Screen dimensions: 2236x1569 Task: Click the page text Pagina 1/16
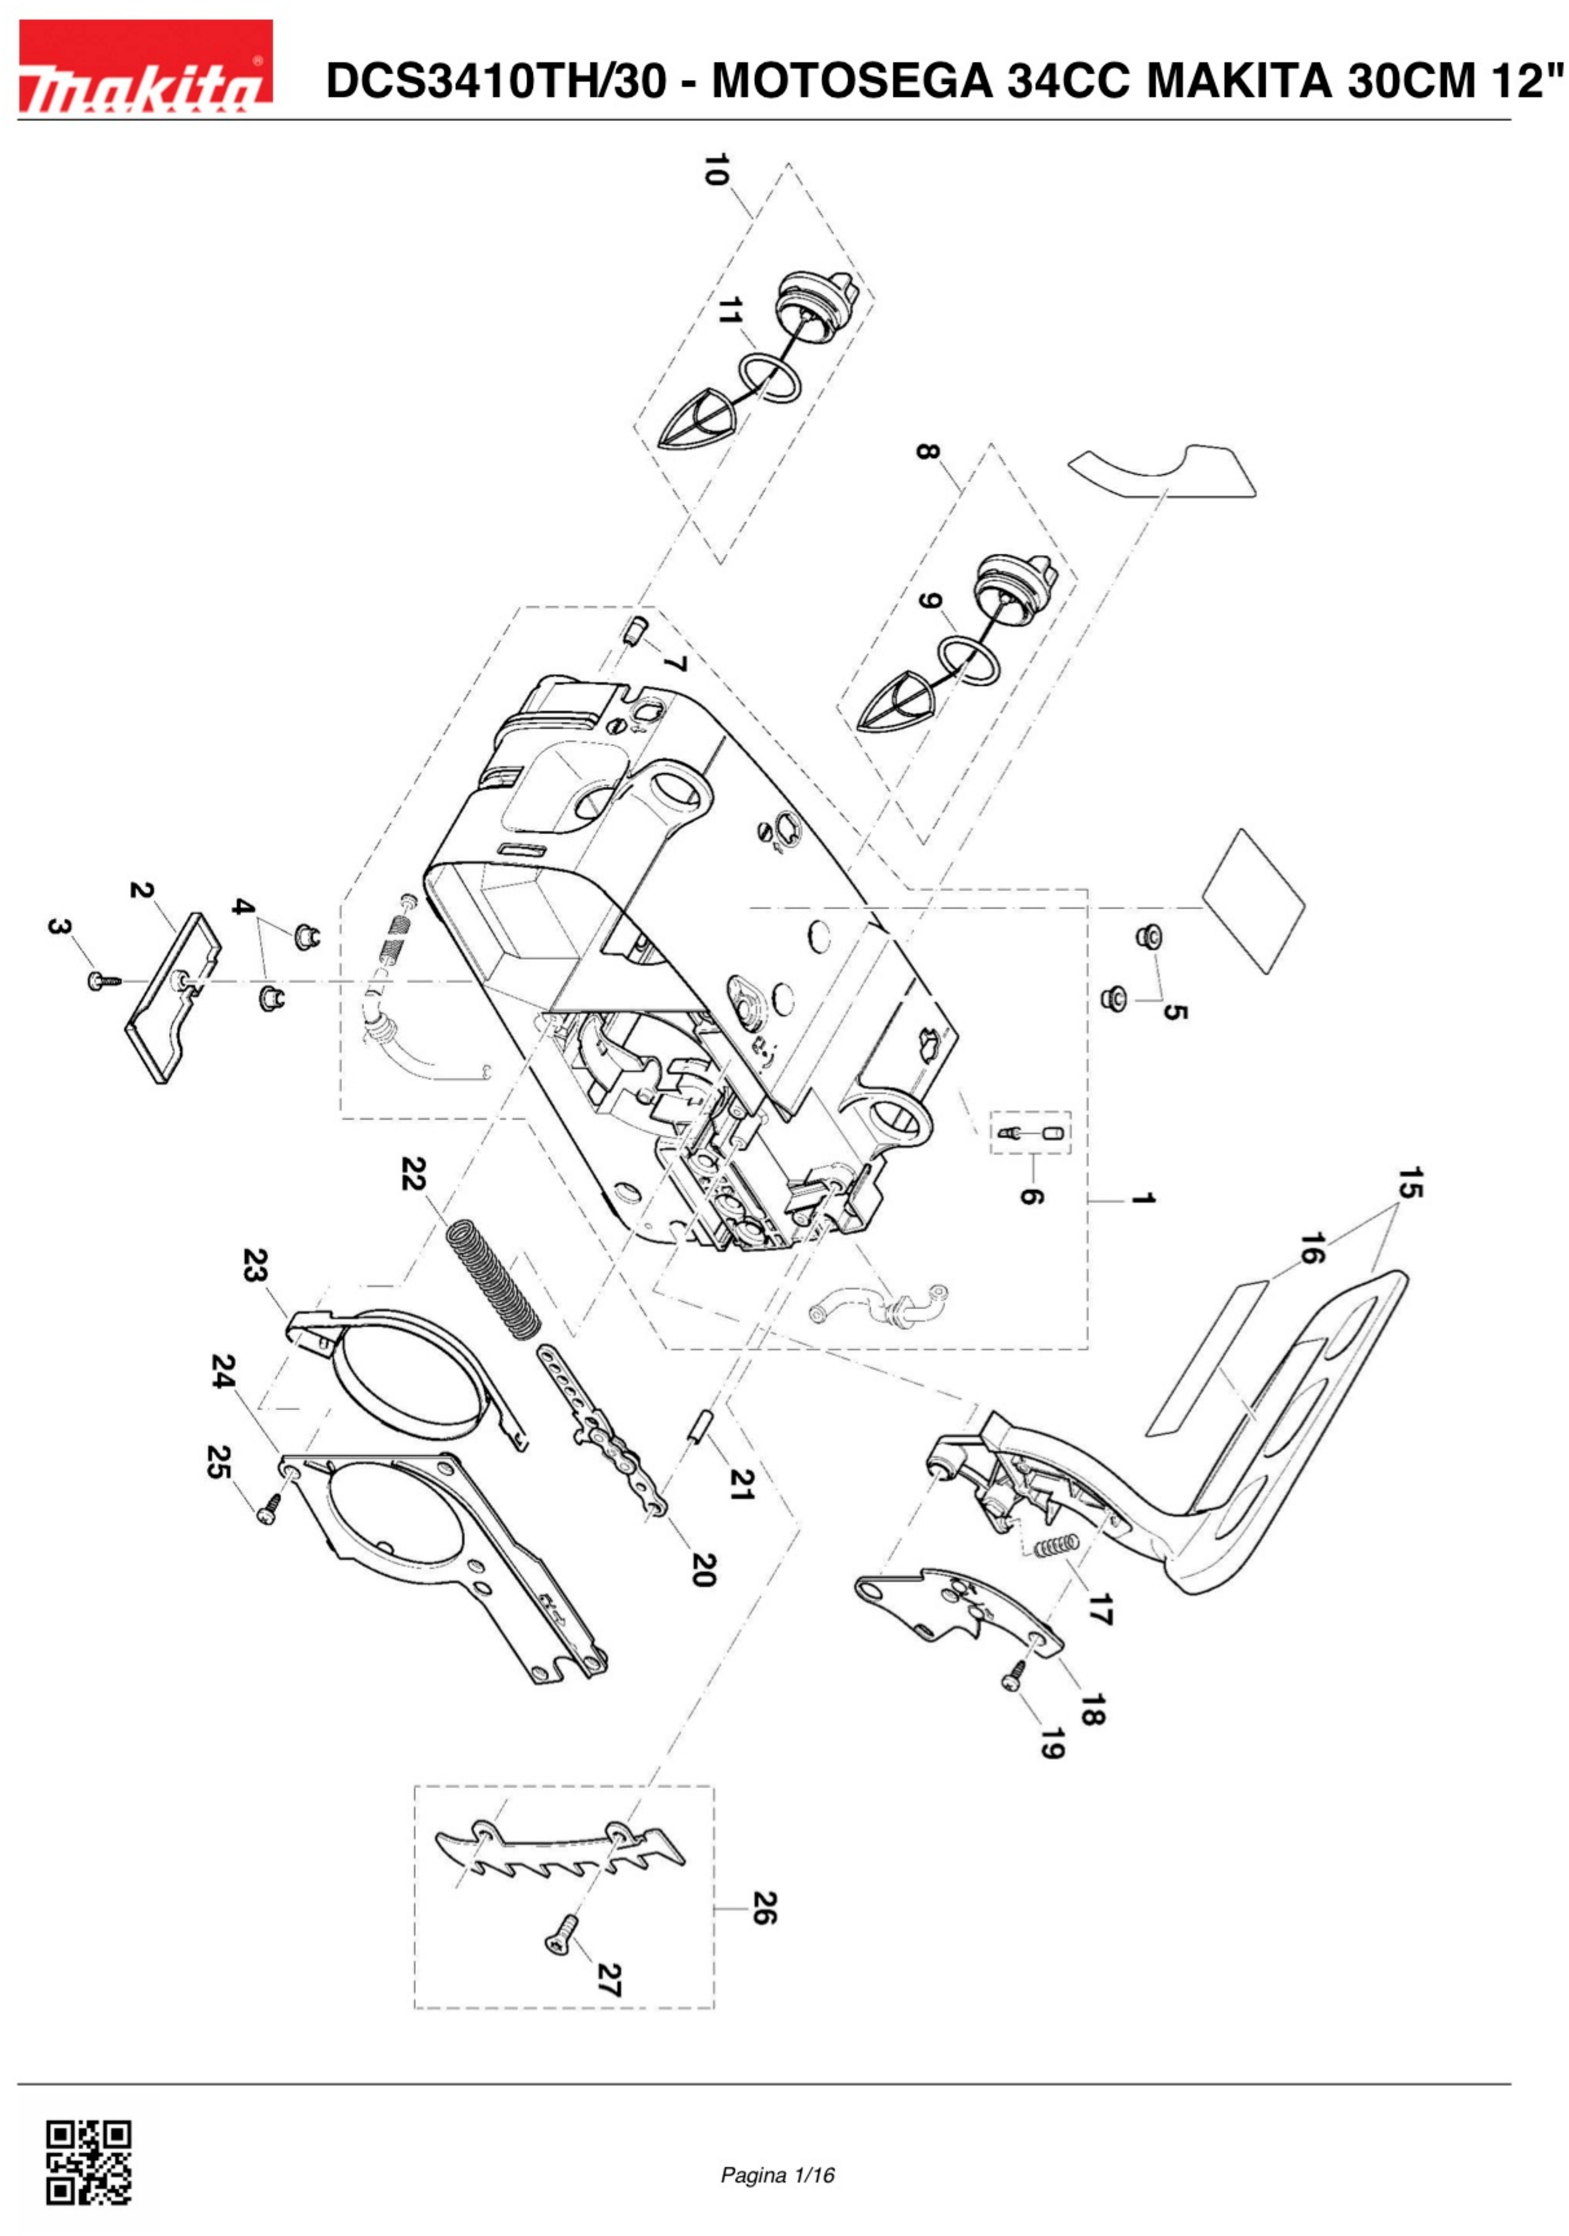pyautogui.click(x=777, y=2175)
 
